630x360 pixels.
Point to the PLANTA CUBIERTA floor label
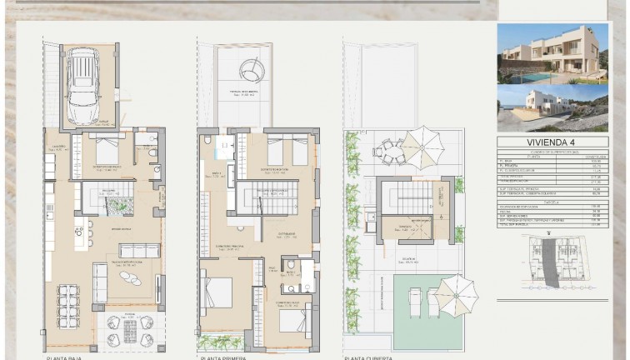pos(368,357)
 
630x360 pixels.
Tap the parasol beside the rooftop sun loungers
pos(456,292)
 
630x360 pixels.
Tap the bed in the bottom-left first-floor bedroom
pos(219,292)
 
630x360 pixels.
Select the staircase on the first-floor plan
pos(267,200)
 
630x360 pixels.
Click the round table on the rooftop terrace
pos(389,151)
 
